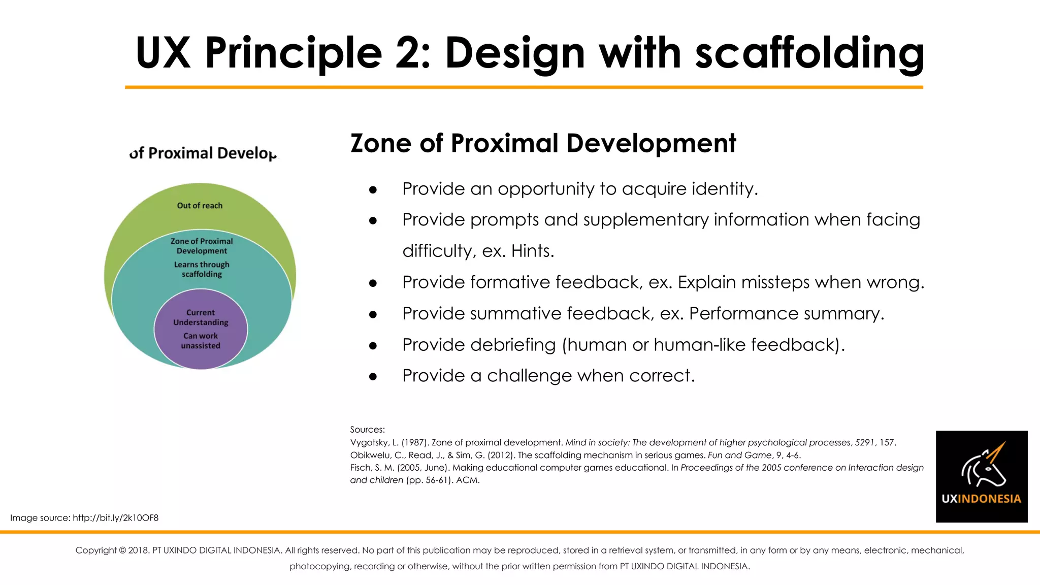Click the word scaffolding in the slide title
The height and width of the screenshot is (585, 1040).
coord(809,53)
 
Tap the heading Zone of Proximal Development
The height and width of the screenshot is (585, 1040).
coord(543,143)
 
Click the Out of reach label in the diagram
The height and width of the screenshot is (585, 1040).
coord(200,206)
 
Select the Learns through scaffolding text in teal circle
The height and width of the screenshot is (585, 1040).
coord(202,269)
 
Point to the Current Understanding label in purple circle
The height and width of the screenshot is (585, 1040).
coord(201,317)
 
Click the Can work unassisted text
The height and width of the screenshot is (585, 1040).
coord(201,341)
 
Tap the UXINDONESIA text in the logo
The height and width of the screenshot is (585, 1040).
coord(981,499)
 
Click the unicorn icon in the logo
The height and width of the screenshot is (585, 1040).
coord(984,465)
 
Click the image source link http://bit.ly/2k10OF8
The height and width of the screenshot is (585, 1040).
coord(115,518)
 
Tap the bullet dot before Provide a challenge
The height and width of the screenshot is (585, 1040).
coord(373,376)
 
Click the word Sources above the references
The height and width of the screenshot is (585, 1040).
coord(367,430)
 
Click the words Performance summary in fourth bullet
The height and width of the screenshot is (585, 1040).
coord(786,314)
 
